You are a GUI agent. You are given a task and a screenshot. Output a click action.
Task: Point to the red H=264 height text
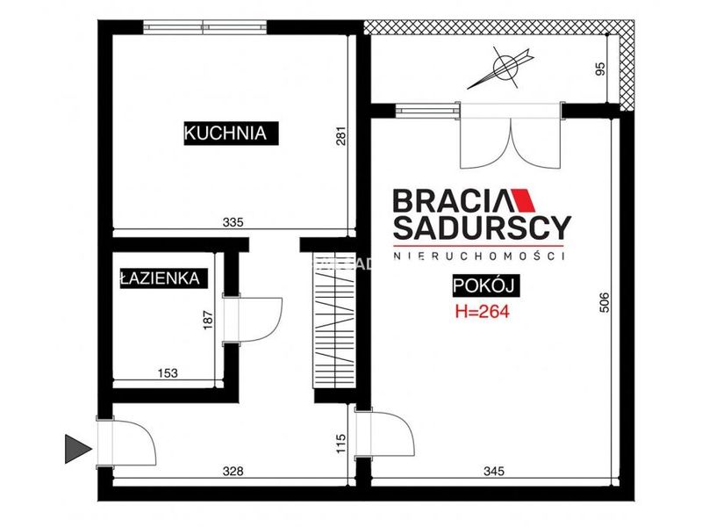pyautogui.click(x=482, y=312)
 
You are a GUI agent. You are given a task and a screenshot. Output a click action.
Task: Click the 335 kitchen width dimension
pyautogui.click(x=233, y=222)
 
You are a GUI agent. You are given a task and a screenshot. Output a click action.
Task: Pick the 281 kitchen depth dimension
pyautogui.click(x=341, y=137)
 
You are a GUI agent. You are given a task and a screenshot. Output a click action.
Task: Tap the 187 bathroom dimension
pyautogui.click(x=208, y=321)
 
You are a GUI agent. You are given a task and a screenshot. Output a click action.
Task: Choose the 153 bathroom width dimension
pyautogui.click(x=168, y=372)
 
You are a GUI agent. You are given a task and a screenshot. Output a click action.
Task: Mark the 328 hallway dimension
pyautogui.click(x=233, y=471)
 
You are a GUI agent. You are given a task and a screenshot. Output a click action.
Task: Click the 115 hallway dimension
pyautogui.click(x=341, y=444)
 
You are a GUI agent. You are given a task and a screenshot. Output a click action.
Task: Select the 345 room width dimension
pyautogui.click(x=494, y=471)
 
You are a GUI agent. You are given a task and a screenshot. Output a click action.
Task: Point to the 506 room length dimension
pyautogui.click(x=604, y=302)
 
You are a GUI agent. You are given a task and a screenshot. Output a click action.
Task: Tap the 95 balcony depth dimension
pyautogui.click(x=600, y=69)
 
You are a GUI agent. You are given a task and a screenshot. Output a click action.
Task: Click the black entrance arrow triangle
pyautogui.click(x=78, y=449)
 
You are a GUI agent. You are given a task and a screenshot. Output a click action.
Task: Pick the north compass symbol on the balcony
pyautogui.click(x=500, y=68)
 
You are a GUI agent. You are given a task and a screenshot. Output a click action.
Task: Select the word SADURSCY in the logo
pyautogui.click(x=482, y=228)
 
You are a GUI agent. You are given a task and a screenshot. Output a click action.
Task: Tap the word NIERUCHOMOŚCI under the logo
pyautogui.click(x=478, y=256)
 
